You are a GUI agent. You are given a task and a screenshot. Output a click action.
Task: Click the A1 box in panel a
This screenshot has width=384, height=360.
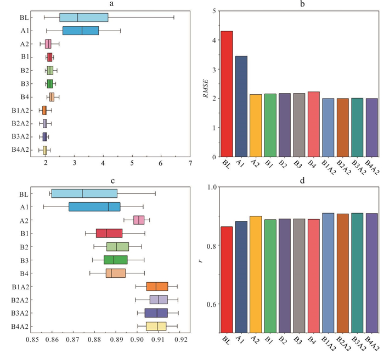tap(81, 31)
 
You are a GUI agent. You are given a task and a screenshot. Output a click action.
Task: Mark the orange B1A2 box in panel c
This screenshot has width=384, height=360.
tap(157, 286)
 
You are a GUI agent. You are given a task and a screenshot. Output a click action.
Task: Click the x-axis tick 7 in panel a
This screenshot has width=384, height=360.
tap(190, 163)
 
